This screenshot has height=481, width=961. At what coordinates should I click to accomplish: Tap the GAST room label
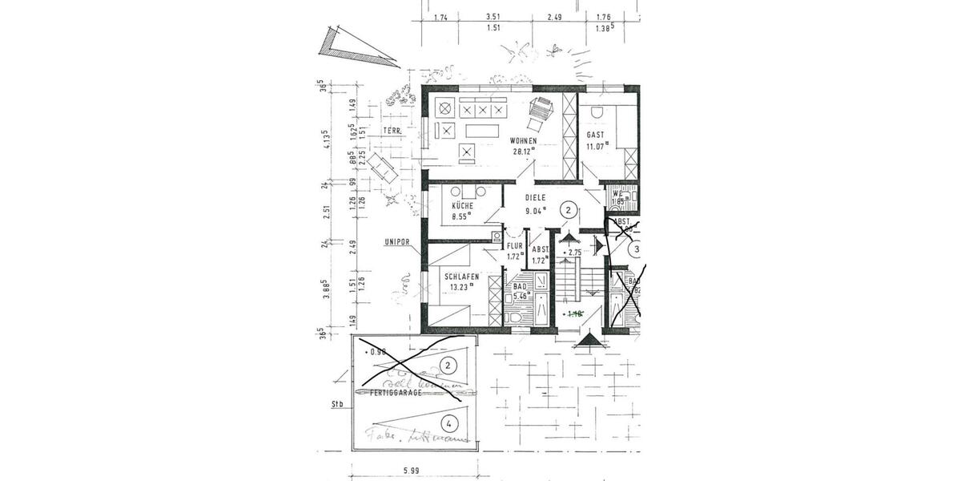coord(595,135)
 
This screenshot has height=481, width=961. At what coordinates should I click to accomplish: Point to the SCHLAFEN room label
coord(461,277)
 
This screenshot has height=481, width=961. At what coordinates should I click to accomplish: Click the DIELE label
coord(535,197)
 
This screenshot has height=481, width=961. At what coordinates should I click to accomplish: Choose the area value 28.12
coord(523,151)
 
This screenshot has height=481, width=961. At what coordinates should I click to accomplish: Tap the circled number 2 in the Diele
coord(568,210)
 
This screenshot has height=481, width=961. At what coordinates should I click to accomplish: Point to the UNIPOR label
coord(396,241)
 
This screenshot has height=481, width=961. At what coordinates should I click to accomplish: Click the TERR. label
coord(392,131)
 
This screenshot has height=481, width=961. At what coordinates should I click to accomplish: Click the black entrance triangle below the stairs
coord(590,342)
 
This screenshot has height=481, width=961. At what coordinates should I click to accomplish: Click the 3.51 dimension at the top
coord(493,17)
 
